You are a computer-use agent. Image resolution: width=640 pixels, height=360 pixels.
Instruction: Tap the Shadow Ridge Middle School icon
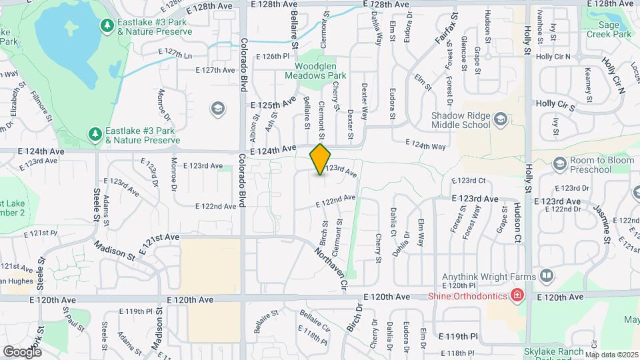(x=501, y=119)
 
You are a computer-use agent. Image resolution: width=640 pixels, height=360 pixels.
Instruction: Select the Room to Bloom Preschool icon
(x=559, y=163)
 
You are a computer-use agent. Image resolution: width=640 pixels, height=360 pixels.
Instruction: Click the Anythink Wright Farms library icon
(x=546, y=275)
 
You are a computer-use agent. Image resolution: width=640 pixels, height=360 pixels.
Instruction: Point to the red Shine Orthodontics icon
(x=517, y=295)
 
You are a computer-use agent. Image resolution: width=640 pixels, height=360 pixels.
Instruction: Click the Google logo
(x=23, y=351)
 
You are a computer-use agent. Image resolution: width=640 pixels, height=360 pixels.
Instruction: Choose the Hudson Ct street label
(x=517, y=223)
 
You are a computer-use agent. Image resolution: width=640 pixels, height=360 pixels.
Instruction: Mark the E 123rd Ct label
(x=471, y=181)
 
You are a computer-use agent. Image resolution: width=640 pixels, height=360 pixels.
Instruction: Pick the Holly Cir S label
(x=555, y=105)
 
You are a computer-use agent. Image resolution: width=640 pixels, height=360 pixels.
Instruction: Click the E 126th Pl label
(x=273, y=57)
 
